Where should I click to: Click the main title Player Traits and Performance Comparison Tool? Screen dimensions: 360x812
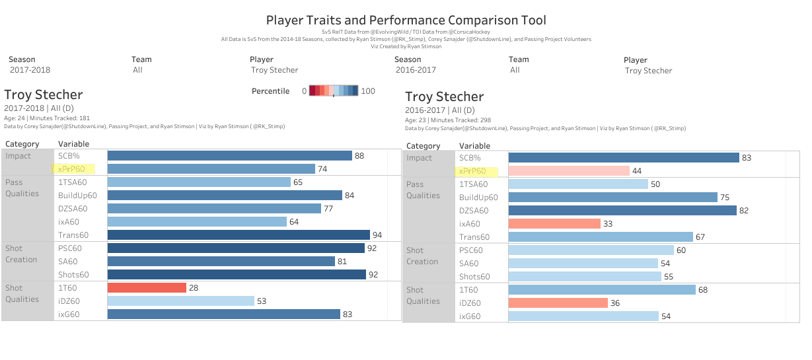(406, 20)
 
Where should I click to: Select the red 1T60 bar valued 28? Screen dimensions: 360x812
(147, 288)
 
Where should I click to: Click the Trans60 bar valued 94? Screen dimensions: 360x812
(239, 235)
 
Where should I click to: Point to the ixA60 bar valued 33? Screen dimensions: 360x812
(554, 224)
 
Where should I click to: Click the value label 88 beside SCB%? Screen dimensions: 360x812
(359, 156)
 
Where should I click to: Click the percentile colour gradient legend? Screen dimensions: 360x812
(334, 91)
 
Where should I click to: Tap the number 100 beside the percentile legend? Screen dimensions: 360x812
(368, 91)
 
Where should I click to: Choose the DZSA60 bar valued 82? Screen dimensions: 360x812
(622, 211)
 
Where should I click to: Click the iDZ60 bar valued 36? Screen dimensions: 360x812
(558, 303)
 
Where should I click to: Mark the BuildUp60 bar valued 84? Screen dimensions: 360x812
(225, 196)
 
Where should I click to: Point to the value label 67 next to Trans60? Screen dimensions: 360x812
(700, 237)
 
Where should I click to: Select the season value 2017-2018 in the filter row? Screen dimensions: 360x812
(30, 70)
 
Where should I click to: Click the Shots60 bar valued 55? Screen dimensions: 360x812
(584, 277)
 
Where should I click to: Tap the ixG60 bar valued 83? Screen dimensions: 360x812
(223, 314)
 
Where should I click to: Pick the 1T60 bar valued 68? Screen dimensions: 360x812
(602, 290)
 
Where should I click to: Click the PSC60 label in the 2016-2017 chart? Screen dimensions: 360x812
(471, 250)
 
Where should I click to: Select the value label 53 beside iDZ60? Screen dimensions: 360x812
(262, 301)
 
